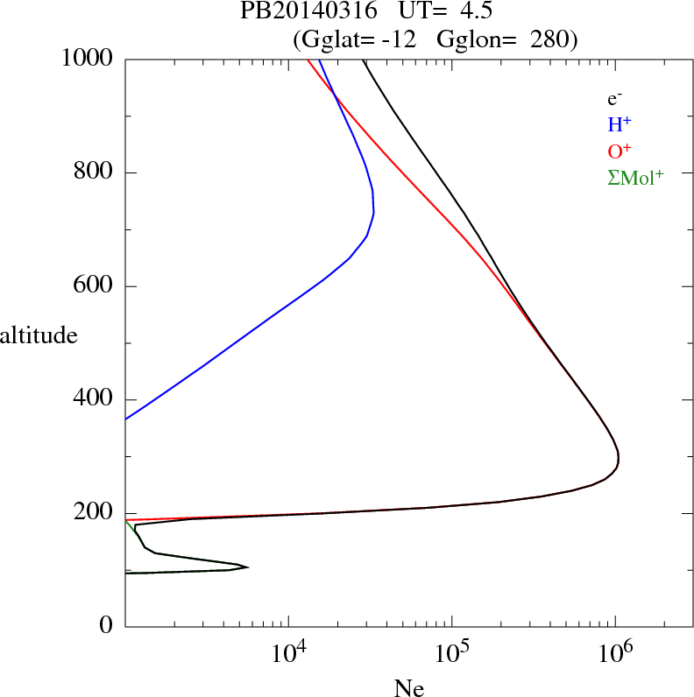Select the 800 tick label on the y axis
pos(96,173)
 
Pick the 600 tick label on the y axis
pos(96,286)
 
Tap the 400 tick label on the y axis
pos(96,400)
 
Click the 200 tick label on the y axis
pos(96,514)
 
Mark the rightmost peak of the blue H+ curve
pos(374,211)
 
